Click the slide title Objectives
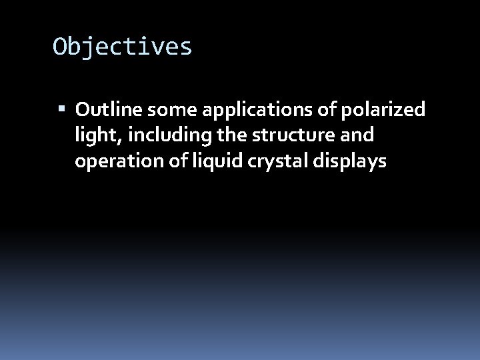pyautogui.click(x=123, y=47)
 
